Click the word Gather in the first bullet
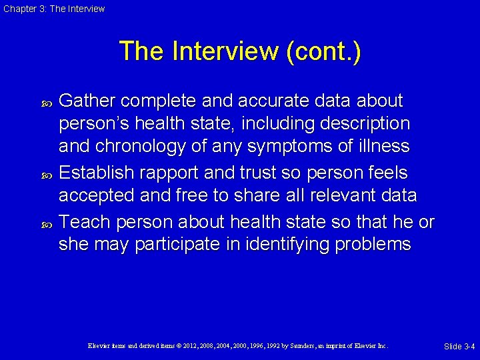87,101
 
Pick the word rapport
173,173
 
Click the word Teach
82,221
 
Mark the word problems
374,245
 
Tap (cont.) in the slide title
323,51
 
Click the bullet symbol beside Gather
47,102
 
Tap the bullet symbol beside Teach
47,221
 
